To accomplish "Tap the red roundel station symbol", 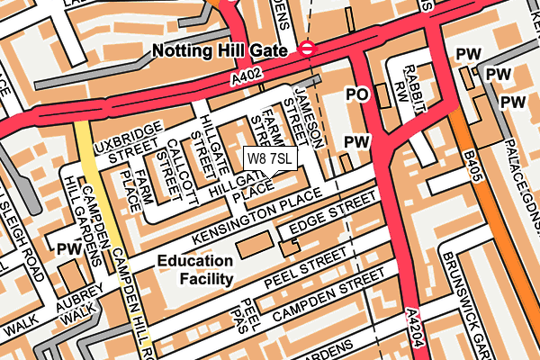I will click(x=308, y=49).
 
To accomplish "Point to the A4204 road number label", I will click(x=413, y=326).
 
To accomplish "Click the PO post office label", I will click(x=357, y=94).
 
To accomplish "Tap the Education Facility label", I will click(x=194, y=270).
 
